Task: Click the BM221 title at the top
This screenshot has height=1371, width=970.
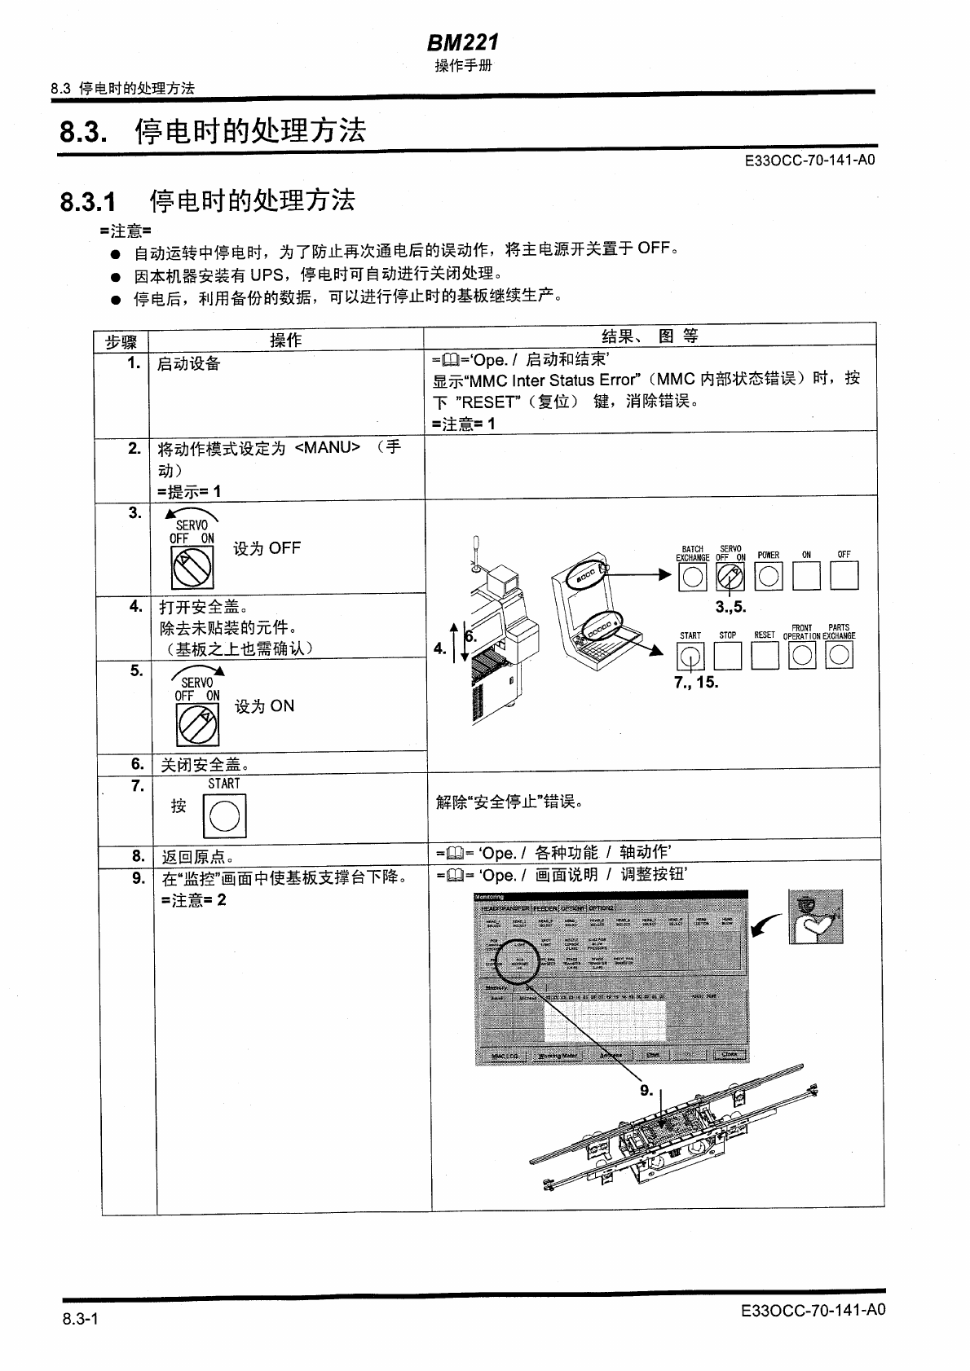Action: [462, 42]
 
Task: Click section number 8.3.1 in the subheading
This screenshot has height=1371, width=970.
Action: [88, 201]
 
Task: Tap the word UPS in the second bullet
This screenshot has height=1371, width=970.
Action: [266, 274]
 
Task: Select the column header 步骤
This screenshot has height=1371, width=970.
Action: [121, 341]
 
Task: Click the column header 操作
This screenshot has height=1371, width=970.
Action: [285, 341]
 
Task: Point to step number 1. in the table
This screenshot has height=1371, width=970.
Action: [134, 363]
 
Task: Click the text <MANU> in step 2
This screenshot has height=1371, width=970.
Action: [327, 447]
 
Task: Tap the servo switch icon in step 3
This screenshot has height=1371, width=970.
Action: [192, 567]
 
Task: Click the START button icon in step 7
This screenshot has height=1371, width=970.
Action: [224, 815]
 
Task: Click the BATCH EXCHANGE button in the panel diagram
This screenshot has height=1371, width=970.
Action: [692, 577]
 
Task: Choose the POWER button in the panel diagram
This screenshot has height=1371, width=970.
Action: [768, 577]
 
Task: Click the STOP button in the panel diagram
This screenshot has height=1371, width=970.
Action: [728, 656]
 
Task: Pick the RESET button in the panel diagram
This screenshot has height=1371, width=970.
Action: [765, 656]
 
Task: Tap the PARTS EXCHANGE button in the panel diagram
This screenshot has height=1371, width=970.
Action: [839, 656]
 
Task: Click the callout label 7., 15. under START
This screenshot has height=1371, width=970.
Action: [696, 682]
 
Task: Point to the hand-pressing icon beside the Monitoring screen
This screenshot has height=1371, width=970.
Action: [815, 916]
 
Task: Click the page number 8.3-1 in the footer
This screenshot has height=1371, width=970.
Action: [80, 1319]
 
